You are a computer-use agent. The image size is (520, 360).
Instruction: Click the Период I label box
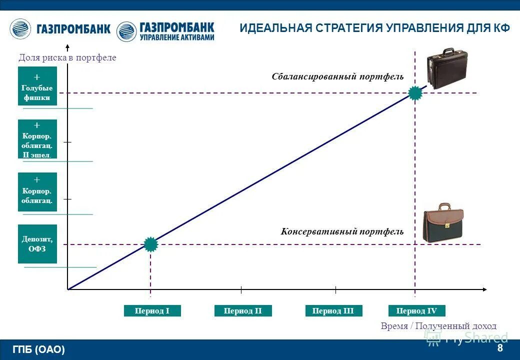click(x=152, y=311)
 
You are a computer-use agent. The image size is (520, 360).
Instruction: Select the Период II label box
click(x=243, y=311)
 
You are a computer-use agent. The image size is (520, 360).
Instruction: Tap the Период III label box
click(x=333, y=311)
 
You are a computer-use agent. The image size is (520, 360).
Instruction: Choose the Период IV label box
click(x=416, y=311)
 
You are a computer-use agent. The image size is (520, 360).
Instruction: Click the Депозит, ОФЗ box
click(x=37, y=244)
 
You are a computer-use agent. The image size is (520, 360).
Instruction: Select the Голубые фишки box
click(x=37, y=86)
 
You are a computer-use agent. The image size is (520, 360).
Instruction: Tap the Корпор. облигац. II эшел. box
click(x=37, y=139)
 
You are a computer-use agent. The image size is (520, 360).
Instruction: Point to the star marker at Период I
click(x=150, y=244)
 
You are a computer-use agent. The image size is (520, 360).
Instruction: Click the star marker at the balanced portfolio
click(x=415, y=93)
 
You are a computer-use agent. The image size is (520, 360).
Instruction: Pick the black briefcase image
click(x=446, y=68)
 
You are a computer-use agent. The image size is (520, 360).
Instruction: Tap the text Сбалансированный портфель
click(x=337, y=76)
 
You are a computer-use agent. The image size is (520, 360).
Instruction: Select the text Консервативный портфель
click(x=342, y=231)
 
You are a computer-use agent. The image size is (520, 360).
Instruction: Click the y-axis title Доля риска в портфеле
click(x=67, y=57)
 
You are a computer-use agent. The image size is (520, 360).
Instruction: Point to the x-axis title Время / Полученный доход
click(x=438, y=326)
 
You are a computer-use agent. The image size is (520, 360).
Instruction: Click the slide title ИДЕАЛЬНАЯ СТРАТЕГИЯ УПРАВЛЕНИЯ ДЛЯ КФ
click(x=374, y=28)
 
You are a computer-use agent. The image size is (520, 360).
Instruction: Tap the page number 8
click(x=500, y=348)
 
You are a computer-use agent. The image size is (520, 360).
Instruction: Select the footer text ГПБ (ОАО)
click(x=39, y=349)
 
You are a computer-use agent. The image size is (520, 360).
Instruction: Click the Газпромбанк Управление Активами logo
click(x=165, y=31)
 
